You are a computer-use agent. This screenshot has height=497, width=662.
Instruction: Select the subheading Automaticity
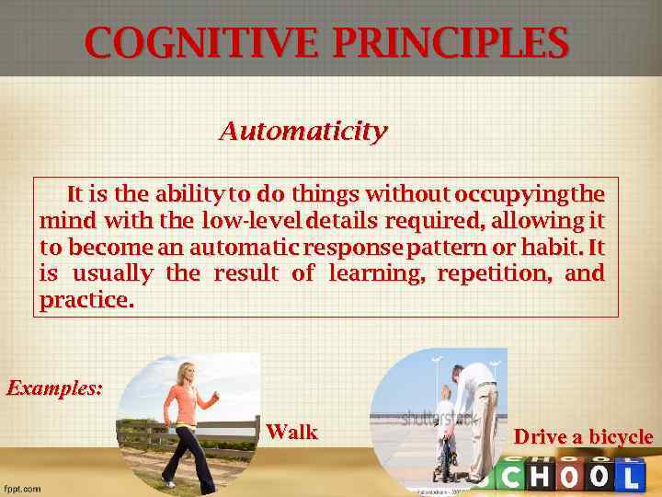pos(302,132)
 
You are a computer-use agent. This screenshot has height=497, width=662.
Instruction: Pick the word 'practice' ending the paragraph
pos(85,301)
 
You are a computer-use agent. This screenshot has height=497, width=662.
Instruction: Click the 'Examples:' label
pos(54,387)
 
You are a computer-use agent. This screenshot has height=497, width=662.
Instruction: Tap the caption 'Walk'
pos(291,432)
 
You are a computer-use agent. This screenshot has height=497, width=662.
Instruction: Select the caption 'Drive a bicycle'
pos(583,437)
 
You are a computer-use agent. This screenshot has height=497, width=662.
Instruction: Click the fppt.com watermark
pos(22,489)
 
